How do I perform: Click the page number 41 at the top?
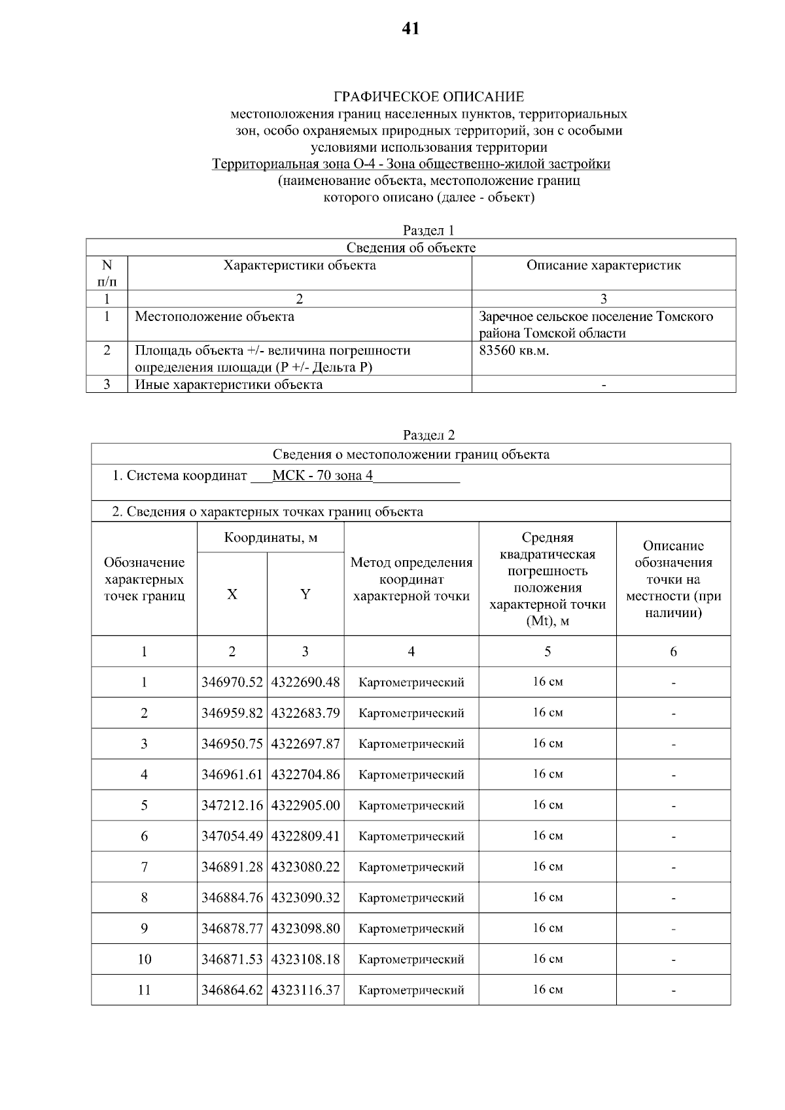click(x=411, y=28)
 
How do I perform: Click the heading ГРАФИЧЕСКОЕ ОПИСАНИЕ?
click(x=428, y=97)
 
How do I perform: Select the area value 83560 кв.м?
click(x=514, y=350)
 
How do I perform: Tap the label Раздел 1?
click(x=428, y=230)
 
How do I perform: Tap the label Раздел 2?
click(x=428, y=435)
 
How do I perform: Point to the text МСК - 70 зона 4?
click(x=322, y=475)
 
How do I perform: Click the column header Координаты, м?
click(x=270, y=537)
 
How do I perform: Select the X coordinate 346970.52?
click(x=232, y=682)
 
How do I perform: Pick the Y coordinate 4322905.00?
click(x=305, y=805)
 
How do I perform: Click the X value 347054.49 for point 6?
click(x=232, y=836)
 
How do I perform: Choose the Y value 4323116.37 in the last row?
click(x=305, y=990)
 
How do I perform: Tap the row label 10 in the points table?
click(x=144, y=959)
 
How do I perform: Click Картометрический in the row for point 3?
click(x=411, y=744)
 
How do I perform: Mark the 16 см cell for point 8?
click(x=548, y=897)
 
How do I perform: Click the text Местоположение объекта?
click(x=214, y=317)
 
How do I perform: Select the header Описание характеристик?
click(x=603, y=265)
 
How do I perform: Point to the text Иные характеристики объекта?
click(x=228, y=384)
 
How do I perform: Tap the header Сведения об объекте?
click(x=411, y=248)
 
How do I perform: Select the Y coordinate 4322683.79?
click(x=305, y=713)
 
